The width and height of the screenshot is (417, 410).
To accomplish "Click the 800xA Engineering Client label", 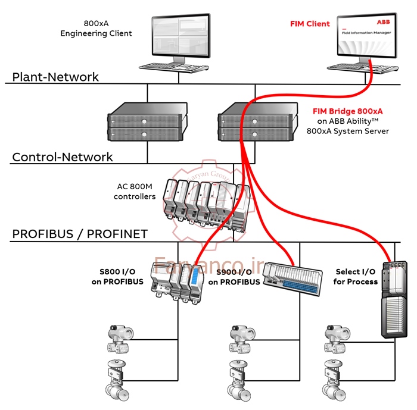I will (x=96, y=29).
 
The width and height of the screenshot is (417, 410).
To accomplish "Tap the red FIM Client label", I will (x=310, y=24).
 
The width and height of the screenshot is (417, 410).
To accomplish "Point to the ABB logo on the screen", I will (x=382, y=22).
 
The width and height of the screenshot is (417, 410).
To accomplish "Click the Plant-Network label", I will (x=55, y=77).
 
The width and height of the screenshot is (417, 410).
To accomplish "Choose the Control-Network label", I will (x=63, y=158).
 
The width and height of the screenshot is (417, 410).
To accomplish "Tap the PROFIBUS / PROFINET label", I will (x=79, y=234).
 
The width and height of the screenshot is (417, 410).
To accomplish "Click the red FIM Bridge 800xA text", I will (x=347, y=111).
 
